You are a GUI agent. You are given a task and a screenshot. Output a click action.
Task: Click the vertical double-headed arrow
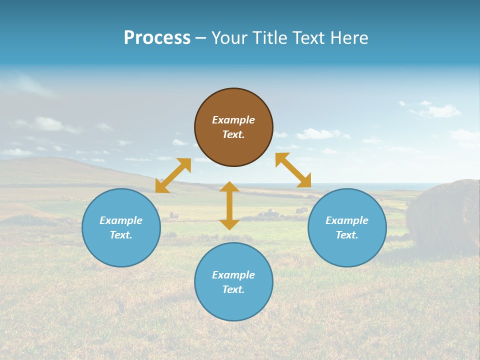229,205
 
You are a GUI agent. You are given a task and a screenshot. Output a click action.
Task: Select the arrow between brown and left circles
173,175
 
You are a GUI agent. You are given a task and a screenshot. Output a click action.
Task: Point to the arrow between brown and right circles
293,170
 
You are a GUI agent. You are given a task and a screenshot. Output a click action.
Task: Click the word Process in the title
157,37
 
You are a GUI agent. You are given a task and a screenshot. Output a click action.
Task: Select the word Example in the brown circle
233,120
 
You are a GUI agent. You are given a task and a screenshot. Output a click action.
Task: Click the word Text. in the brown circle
233,134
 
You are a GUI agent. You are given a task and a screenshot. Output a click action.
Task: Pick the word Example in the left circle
121,220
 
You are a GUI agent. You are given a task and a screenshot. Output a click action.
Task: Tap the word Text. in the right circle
347,235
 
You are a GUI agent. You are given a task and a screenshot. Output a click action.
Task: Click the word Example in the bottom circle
233,275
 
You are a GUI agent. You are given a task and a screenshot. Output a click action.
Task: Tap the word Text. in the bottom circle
233,289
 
